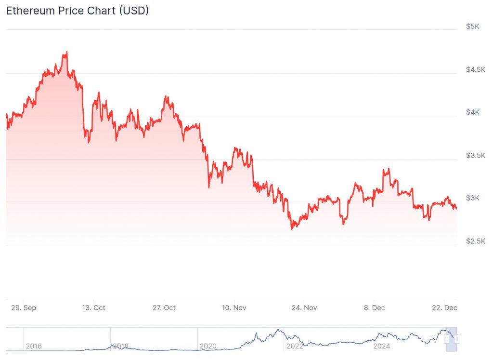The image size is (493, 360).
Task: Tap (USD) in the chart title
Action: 132,11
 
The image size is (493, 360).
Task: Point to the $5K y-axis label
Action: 472,27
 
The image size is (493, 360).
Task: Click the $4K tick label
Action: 472,112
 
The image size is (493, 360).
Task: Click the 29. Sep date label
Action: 23,307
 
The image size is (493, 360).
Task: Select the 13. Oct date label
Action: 93,307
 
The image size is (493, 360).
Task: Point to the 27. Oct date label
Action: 164,307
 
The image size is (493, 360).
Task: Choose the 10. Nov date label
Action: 234,307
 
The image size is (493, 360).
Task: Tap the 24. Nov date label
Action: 304,307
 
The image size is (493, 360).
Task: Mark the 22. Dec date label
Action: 444,307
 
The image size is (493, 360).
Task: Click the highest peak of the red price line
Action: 67,52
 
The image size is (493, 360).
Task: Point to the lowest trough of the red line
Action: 292,228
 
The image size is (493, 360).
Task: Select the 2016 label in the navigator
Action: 33,346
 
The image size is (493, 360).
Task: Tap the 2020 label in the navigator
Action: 208,346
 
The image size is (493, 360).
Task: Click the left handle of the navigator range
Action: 447,339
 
